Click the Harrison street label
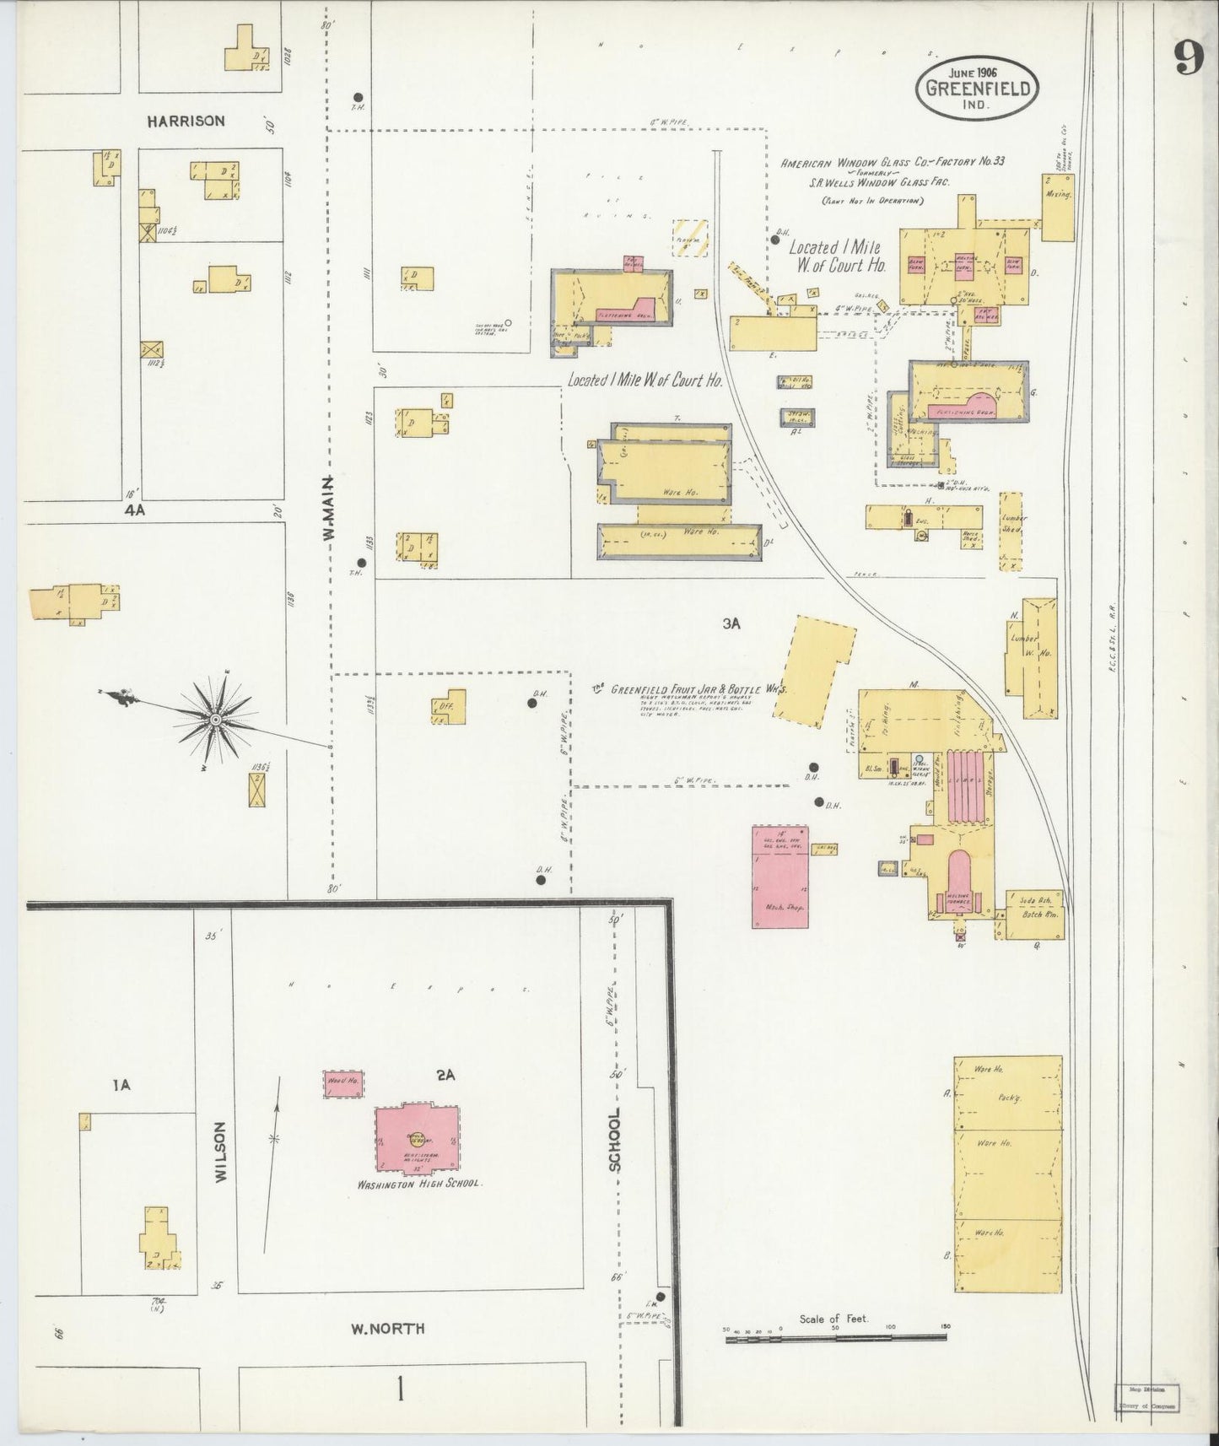pyautogui.click(x=186, y=121)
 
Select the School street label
pyautogui.click(x=615, y=1139)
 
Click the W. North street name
pyautogui.click(x=387, y=1329)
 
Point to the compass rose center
pyautogui.click(x=215, y=719)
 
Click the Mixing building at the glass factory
pyautogui.click(x=1058, y=208)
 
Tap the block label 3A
pyautogui.click(x=731, y=623)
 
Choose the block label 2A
pyautogui.click(x=445, y=1075)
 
